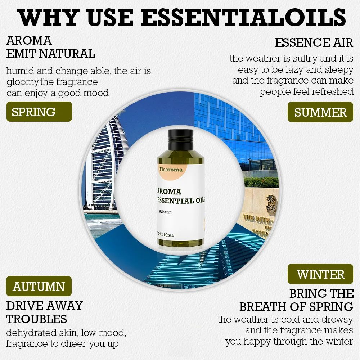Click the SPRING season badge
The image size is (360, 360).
(x=39, y=112)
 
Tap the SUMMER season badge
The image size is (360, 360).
(x=320, y=112)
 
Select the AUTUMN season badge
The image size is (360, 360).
(x=39, y=286)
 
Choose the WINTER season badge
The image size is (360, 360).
(x=320, y=274)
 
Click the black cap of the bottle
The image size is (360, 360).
(x=180, y=140)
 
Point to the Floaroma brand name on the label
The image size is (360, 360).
(x=171, y=170)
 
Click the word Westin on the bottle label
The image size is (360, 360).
(x=166, y=212)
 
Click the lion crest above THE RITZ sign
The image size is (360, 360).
(x=271, y=204)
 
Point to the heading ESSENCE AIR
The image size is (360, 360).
(x=314, y=43)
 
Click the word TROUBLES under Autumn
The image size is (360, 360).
(x=36, y=319)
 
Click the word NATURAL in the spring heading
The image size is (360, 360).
(x=67, y=54)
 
